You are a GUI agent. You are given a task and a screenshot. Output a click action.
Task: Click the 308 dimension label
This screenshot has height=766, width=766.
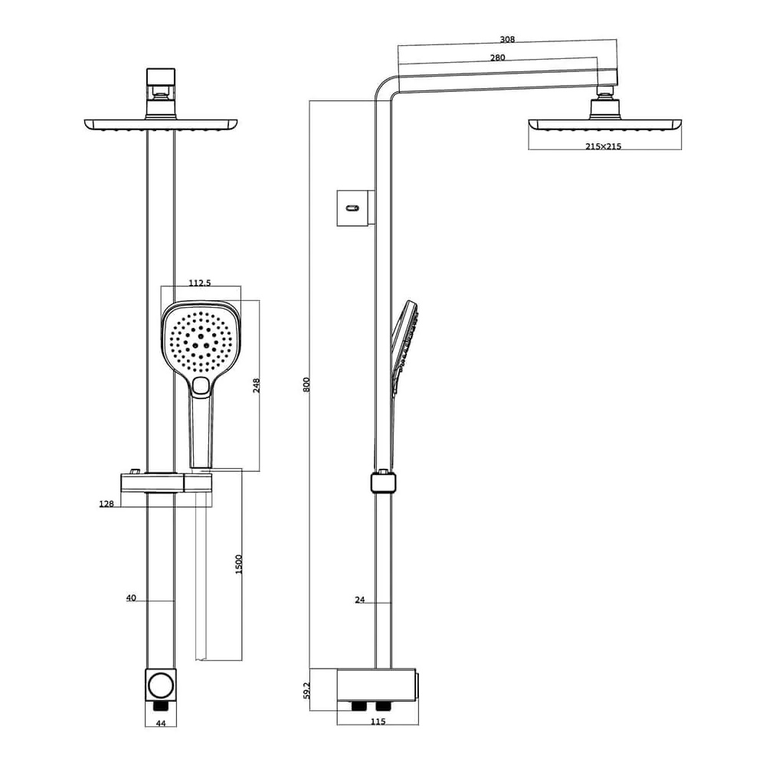[x=507, y=40]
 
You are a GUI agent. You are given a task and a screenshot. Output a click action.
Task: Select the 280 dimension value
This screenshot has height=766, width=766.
[x=497, y=57]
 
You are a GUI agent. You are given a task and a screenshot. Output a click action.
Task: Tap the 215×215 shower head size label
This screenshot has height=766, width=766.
[x=604, y=146]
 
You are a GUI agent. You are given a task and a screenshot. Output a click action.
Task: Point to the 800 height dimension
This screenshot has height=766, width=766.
[x=306, y=385]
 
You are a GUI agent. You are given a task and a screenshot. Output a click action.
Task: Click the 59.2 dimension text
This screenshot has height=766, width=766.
[x=307, y=691]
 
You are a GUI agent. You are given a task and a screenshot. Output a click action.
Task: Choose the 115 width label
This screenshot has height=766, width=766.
[x=378, y=721]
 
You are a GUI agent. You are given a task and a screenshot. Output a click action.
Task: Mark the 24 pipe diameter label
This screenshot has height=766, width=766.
[x=360, y=600]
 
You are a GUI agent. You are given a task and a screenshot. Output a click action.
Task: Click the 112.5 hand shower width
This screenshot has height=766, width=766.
[x=200, y=283]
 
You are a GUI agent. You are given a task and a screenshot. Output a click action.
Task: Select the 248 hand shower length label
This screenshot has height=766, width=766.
[x=257, y=385]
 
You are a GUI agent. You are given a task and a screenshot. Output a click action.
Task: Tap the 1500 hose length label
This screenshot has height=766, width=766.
[x=239, y=565]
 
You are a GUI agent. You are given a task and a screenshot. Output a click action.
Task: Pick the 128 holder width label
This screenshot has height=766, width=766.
[x=106, y=504]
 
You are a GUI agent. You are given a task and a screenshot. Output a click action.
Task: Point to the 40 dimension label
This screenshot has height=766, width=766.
[x=131, y=598]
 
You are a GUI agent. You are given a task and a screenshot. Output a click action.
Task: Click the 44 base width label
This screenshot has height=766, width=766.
[x=161, y=724]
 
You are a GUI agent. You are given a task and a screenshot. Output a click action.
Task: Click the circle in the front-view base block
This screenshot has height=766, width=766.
[x=161, y=686]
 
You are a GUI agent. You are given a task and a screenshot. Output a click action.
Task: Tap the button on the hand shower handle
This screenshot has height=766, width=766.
[x=200, y=386]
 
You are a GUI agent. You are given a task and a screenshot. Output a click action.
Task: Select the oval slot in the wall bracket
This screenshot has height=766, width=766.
[x=352, y=208]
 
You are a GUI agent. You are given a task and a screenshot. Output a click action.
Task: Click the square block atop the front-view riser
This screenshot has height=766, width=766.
[x=161, y=77]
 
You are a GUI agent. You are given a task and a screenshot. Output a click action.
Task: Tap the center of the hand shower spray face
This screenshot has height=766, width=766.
[x=200, y=342]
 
